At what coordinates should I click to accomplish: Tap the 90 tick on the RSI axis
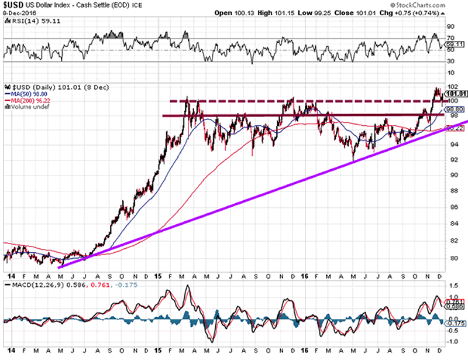451,27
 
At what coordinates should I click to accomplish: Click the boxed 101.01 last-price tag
454,93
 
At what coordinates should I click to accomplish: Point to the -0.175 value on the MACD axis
455,323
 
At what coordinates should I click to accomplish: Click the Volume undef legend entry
24,105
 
